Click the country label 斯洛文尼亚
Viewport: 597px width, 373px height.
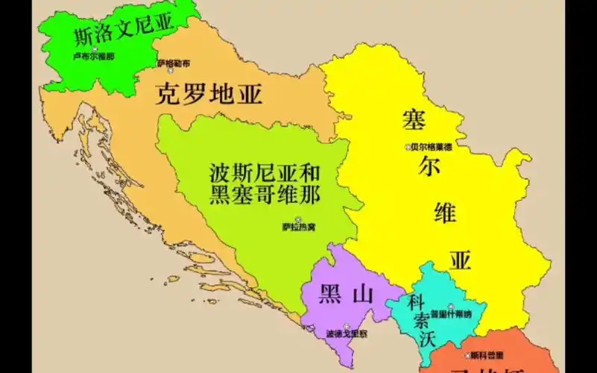coord(123,30)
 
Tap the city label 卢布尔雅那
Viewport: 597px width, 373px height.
coord(94,56)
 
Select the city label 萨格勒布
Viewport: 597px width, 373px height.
coord(173,63)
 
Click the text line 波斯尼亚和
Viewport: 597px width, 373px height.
coord(265,175)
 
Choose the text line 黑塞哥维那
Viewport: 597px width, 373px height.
coord(265,195)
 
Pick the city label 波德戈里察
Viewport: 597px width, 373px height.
coord(347,333)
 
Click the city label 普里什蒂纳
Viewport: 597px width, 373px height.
coord(451,314)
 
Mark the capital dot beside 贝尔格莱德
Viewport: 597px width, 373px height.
coord(408,147)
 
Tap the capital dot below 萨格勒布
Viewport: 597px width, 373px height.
coord(171,71)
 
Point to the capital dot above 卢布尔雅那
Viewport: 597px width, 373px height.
coord(94,48)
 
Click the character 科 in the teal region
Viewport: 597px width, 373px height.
coord(416,302)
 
